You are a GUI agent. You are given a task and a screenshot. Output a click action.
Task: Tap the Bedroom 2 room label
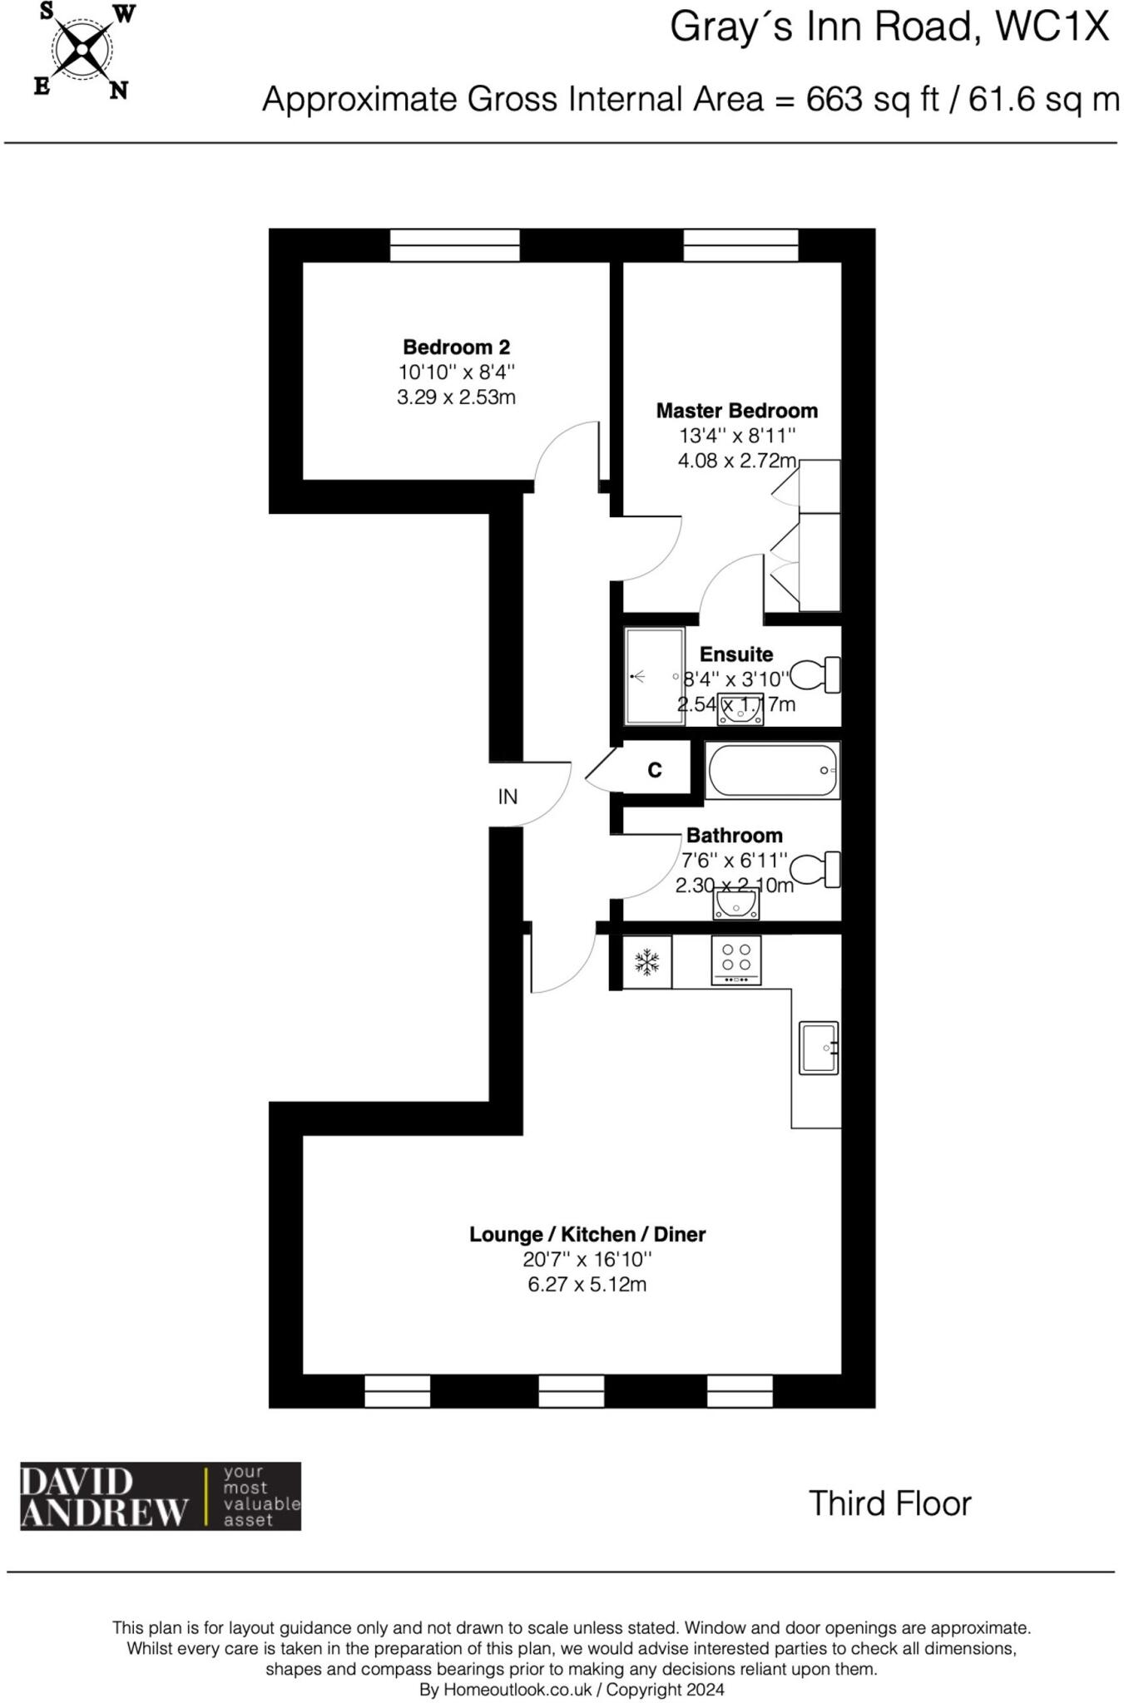click(456, 347)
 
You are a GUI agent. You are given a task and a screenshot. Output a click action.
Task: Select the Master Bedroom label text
click(736, 411)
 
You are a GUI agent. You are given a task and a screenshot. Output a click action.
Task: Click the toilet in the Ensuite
click(814, 674)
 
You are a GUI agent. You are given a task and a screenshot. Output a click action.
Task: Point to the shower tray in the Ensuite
click(653, 676)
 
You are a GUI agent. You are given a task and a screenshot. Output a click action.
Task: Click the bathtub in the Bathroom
click(772, 771)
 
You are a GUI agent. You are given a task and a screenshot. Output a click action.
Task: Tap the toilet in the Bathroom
click(814, 870)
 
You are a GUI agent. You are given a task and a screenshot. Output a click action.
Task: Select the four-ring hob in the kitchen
click(736, 960)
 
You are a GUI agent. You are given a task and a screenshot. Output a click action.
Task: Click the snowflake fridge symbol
click(647, 963)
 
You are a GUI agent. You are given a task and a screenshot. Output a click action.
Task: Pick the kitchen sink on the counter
click(818, 1048)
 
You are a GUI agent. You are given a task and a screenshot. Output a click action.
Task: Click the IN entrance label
click(508, 797)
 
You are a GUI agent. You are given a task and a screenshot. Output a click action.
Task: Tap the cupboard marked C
click(655, 771)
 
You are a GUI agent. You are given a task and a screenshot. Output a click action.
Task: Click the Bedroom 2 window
click(454, 245)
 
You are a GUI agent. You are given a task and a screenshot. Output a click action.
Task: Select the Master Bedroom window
click(740, 245)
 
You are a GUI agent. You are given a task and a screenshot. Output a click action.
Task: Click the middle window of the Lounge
click(571, 1391)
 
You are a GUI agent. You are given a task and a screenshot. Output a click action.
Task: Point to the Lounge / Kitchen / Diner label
click(587, 1235)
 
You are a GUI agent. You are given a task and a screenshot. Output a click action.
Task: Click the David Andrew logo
click(160, 1497)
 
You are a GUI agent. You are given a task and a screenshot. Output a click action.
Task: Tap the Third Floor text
click(889, 1503)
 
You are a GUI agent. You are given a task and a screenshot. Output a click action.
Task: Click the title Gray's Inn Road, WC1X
click(889, 27)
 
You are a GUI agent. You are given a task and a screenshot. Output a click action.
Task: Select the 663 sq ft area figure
click(872, 100)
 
